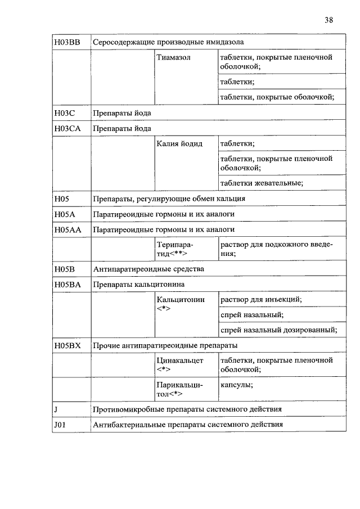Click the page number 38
click(329, 20)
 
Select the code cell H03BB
click(67, 42)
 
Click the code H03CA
click(68, 128)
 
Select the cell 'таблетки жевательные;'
click(262, 183)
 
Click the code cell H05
click(62, 199)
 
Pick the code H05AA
click(68, 229)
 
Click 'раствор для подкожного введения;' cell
click(276, 249)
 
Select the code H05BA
click(68, 285)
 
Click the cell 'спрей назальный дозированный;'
click(278, 330)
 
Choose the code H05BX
click(68, 345)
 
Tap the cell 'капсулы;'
click(236, 385)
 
